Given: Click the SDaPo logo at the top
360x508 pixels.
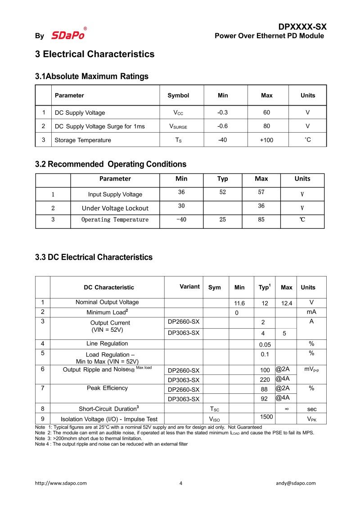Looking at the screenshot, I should coord(68,35).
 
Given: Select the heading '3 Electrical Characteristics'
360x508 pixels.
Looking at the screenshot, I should coord(95,54).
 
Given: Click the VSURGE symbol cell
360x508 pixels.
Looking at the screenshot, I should coord(178,126).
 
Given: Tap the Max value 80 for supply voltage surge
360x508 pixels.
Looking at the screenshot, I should coord(267,126).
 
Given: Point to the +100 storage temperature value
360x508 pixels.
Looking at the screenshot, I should coord(266,140).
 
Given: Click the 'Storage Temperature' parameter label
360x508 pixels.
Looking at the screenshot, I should coord(83,140).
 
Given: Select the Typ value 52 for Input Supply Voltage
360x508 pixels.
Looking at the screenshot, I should coord(222,192).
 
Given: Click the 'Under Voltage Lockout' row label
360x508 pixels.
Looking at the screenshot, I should coord(115,208).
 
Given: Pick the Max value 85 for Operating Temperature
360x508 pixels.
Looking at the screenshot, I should coord(261,220).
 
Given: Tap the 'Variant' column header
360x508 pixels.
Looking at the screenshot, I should coord(189,287).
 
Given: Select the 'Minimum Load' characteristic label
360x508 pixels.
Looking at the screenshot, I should coord(107,312).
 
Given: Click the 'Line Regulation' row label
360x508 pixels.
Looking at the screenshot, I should coord(107,343).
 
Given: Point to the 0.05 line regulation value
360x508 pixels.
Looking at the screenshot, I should coord(265,344).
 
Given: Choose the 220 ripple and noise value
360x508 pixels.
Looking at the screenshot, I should coord(265,379).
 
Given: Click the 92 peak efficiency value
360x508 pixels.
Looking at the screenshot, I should coord(265,398).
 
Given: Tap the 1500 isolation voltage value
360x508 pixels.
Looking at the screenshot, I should coord(267,417).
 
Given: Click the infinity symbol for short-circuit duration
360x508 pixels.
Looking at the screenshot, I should coord(287,409).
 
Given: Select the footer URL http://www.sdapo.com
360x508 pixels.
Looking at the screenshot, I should coord(61,483).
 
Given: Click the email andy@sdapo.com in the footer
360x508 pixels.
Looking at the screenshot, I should coord(296,483).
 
